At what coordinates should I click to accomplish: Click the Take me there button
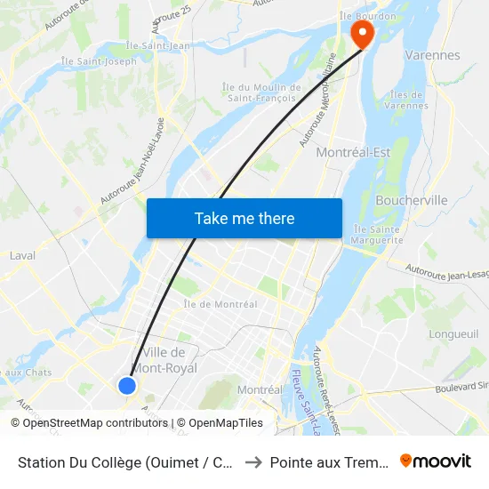pyautogui.click(x=244, y=218)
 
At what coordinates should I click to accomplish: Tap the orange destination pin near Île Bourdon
pyautogui.click(x=363, y=33)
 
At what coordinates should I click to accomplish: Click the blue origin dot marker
pyautogui.click(x=127, y=385)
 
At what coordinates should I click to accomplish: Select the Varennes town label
pyautogui.click(x=432, y=55)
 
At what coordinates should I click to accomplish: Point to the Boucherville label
pyautogui.click(x=412, y=200)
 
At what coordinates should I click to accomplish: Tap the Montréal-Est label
pyautogui.click(x=354, y=152)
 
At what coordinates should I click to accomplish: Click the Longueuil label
pyautogui.click(x=453, y=334)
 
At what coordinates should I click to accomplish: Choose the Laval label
pyautogui.click(x=22, y=255)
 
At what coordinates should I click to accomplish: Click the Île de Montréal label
pyautogui.click(x=220, y=304)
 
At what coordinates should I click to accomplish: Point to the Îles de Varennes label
pyautogui.click(x=408, y=100)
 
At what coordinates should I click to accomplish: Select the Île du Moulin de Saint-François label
pyautogui.click(x=261, y=92)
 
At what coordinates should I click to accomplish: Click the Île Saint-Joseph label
pyautogui.click(x=99, y=61)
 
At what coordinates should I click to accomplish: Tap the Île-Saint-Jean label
pyautogui.click(x=157, y=45)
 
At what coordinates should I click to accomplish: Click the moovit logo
pyautogui.click(x=436, y=461)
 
